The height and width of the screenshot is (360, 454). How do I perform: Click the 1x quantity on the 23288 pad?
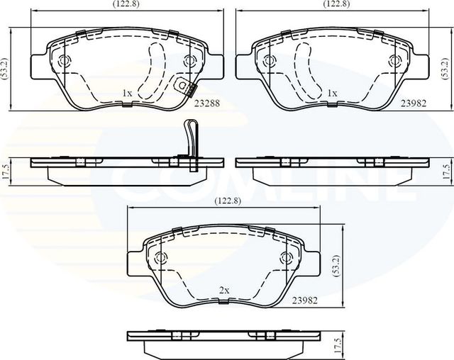click(127, 93)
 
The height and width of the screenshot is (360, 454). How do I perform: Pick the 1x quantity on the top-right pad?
click(331, 93)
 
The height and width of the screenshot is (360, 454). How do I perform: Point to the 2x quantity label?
click(223, 291)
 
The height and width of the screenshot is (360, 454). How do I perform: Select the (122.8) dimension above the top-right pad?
click(337, 4)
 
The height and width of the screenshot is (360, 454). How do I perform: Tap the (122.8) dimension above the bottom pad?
click(228, 201)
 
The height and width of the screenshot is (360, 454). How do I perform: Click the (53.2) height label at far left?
click(5, 68)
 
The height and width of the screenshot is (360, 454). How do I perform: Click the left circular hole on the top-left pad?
click(65, 61)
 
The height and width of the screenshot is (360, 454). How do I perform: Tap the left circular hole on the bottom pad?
click(160, 257)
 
